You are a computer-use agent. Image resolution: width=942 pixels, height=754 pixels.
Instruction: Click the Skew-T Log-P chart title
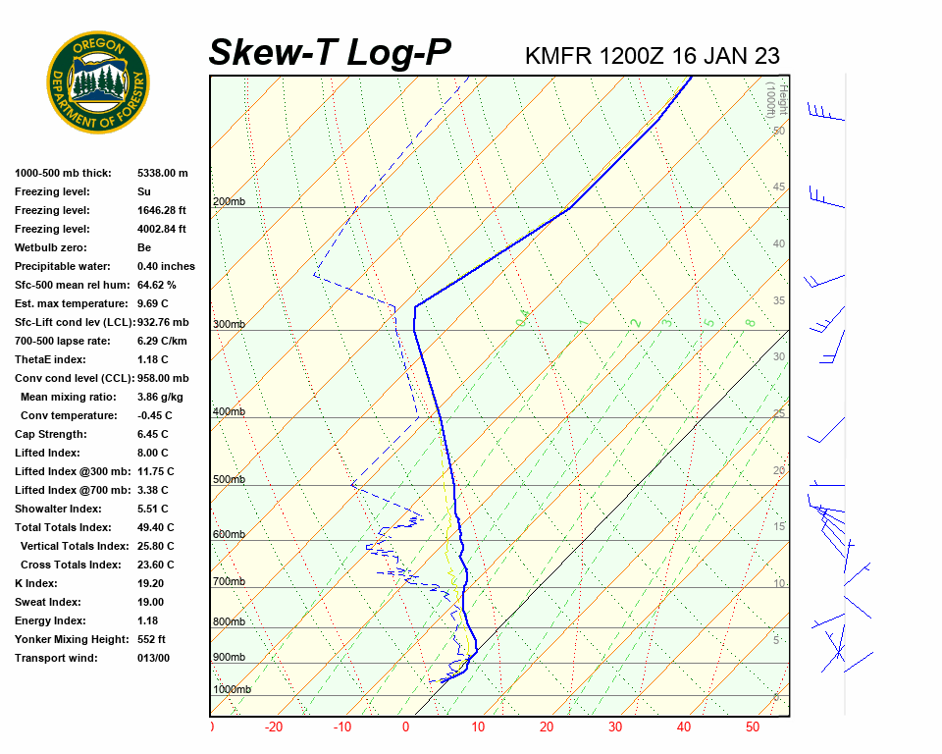click(x=330, y=53)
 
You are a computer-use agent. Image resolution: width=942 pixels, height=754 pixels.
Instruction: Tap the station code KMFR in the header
click(x=558, y=55)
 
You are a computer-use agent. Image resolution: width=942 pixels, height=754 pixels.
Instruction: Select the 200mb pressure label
click(x=229, y=202)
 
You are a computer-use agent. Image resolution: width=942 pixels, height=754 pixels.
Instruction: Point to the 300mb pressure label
click(x=229, y=325)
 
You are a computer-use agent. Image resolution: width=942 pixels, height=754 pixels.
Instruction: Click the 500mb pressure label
click(x=229, y=480)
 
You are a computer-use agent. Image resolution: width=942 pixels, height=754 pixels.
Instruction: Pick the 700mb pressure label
click(x=229, y=582)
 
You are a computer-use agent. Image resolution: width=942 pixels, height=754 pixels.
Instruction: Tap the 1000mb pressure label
click(x=232, y=690)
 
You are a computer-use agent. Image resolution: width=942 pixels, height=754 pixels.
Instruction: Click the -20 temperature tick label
click(x=274, y=727)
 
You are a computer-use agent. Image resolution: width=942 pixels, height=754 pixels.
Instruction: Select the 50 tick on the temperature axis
click(x=753, y=727)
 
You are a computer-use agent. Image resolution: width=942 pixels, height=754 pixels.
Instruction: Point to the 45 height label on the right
click(x=779, y=188)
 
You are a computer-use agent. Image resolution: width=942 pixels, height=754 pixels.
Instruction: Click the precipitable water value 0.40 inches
click(x=166, y=266)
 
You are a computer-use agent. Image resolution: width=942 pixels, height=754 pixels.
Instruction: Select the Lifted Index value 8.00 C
click(x=152, y=453)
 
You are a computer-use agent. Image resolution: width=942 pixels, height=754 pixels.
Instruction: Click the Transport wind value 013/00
click(x=153, y=658)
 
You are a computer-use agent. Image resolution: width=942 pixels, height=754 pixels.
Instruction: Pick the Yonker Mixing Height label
click(x=72, y=639)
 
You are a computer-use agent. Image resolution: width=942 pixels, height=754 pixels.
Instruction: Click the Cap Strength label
click(x=51, y=434)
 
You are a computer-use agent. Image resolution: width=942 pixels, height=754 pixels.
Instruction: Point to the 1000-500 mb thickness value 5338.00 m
click(x=162, y=173)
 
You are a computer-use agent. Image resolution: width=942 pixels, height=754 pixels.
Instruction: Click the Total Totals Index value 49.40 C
click(x=155, y=527)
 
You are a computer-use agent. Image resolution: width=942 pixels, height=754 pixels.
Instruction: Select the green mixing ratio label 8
click(x=749, y=322)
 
